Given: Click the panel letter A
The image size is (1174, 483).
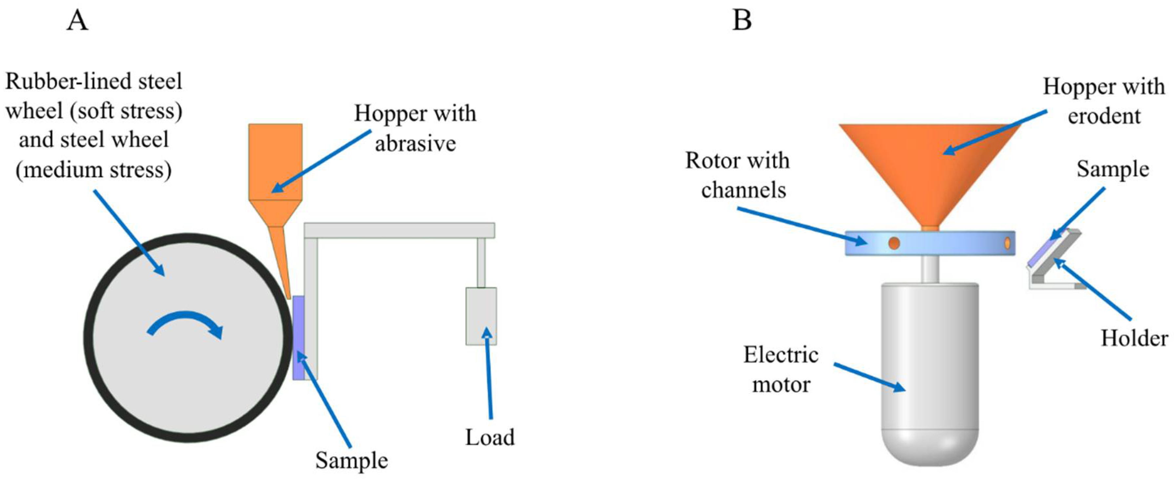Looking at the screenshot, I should point(77,21).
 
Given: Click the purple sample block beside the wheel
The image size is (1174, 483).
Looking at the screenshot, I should point(298,337).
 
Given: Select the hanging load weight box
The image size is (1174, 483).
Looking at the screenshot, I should point(481,316).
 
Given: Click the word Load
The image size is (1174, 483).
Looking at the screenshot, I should point(490,437).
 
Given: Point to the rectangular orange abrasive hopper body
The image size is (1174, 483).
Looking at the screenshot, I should point(275,162).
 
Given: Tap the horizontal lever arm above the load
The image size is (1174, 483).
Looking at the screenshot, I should point(399,230).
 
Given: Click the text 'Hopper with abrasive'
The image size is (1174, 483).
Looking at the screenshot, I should point(415,129).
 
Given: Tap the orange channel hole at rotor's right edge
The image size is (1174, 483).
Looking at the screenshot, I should point(1007,243).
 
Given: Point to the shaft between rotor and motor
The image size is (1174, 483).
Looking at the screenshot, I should point(930,269).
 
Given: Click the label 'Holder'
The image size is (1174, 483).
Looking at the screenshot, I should point(1134,338).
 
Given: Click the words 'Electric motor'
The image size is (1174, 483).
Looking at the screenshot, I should point(781,370).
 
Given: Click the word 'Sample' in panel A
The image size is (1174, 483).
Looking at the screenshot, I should point(351,460).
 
